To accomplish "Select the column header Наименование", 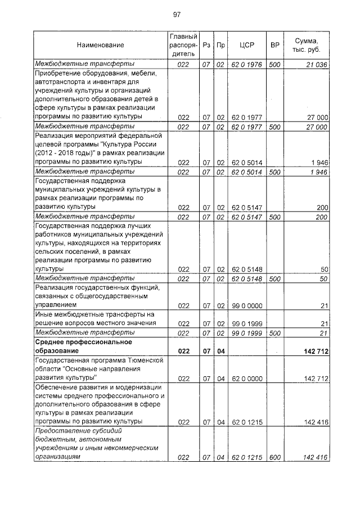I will (100, 44).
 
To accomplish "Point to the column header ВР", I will (275, 44).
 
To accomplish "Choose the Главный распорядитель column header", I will (182, 44).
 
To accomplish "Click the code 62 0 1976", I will (247, 65).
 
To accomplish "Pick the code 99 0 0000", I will (247, 305).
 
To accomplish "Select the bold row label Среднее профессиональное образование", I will (83, 346).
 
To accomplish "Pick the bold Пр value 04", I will (220, 350).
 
